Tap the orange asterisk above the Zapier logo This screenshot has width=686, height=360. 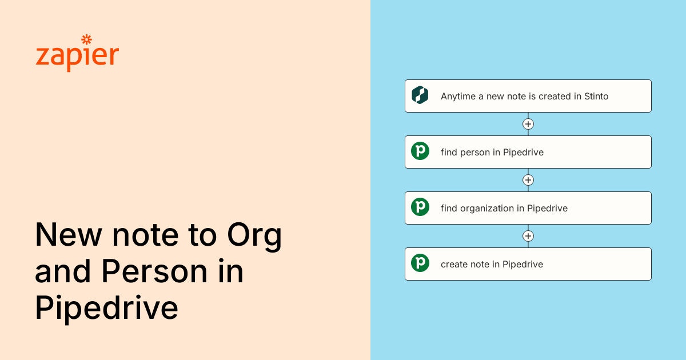(87, 39)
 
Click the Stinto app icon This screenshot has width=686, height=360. (420, 95)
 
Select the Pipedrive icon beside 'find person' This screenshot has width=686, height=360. (420, 151)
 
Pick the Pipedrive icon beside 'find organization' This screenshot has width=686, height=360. (420, 207)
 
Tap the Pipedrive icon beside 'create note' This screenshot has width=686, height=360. (420, 263)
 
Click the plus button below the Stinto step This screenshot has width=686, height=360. (528, 124)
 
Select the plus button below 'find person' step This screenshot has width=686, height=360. (528, 180)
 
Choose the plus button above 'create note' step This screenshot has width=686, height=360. (528, 236)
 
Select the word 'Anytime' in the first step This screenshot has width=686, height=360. (458, 97)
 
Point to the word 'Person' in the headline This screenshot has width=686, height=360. (154, 271)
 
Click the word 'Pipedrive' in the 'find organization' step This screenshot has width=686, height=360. (547, 209)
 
